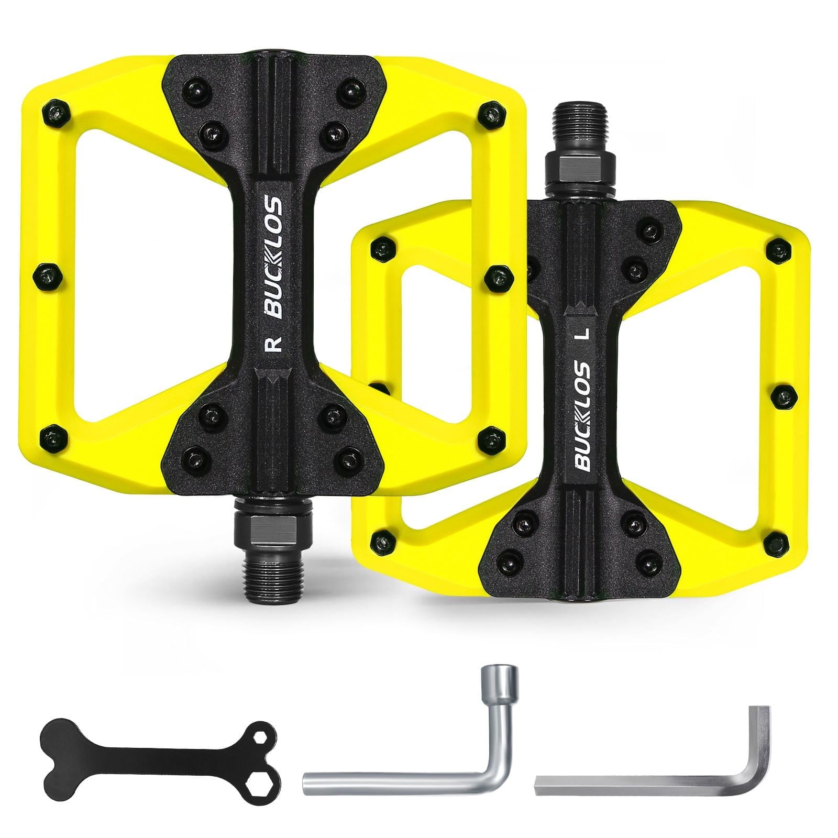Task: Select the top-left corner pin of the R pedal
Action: coord(55,111)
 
